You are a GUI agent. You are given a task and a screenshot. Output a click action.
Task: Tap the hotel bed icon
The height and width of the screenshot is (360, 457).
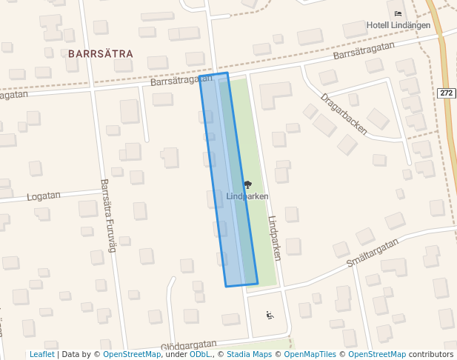(398, 13)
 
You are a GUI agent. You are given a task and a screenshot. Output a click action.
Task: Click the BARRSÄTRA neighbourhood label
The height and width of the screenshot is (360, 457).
(101, 54)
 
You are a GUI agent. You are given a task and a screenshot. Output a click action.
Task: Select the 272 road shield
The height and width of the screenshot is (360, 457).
(445, 93)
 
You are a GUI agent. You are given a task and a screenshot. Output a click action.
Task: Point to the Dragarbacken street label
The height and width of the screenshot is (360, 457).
(344, 113)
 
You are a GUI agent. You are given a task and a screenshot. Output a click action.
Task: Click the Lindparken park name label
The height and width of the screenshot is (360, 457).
(247, 196)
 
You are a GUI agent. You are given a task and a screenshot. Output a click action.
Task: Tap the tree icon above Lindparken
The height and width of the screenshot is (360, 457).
(247, 185)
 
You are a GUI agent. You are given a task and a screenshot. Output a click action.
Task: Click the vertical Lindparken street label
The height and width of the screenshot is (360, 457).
(275, 238)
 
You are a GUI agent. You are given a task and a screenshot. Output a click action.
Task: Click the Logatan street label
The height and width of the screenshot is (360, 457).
(43, 196)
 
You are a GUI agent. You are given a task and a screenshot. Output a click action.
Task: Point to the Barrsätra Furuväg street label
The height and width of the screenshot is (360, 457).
(108, 216)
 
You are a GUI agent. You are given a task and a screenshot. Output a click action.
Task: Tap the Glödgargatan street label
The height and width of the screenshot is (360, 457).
(189, 344)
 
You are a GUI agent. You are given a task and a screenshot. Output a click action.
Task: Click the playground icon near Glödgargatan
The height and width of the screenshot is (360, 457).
(270, 316)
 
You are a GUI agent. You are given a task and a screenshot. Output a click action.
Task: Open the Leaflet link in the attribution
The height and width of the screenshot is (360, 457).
(41, 355)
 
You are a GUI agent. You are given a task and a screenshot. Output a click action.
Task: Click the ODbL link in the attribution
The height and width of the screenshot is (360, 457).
(200, 355)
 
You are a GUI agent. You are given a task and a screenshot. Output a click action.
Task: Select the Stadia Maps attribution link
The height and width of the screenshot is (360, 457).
(247, 355)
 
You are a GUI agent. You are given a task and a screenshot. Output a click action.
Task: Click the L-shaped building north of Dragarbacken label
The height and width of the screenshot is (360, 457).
(275, 94)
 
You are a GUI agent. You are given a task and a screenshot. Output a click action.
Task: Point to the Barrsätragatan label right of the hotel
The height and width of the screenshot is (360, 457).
(362, 50)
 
